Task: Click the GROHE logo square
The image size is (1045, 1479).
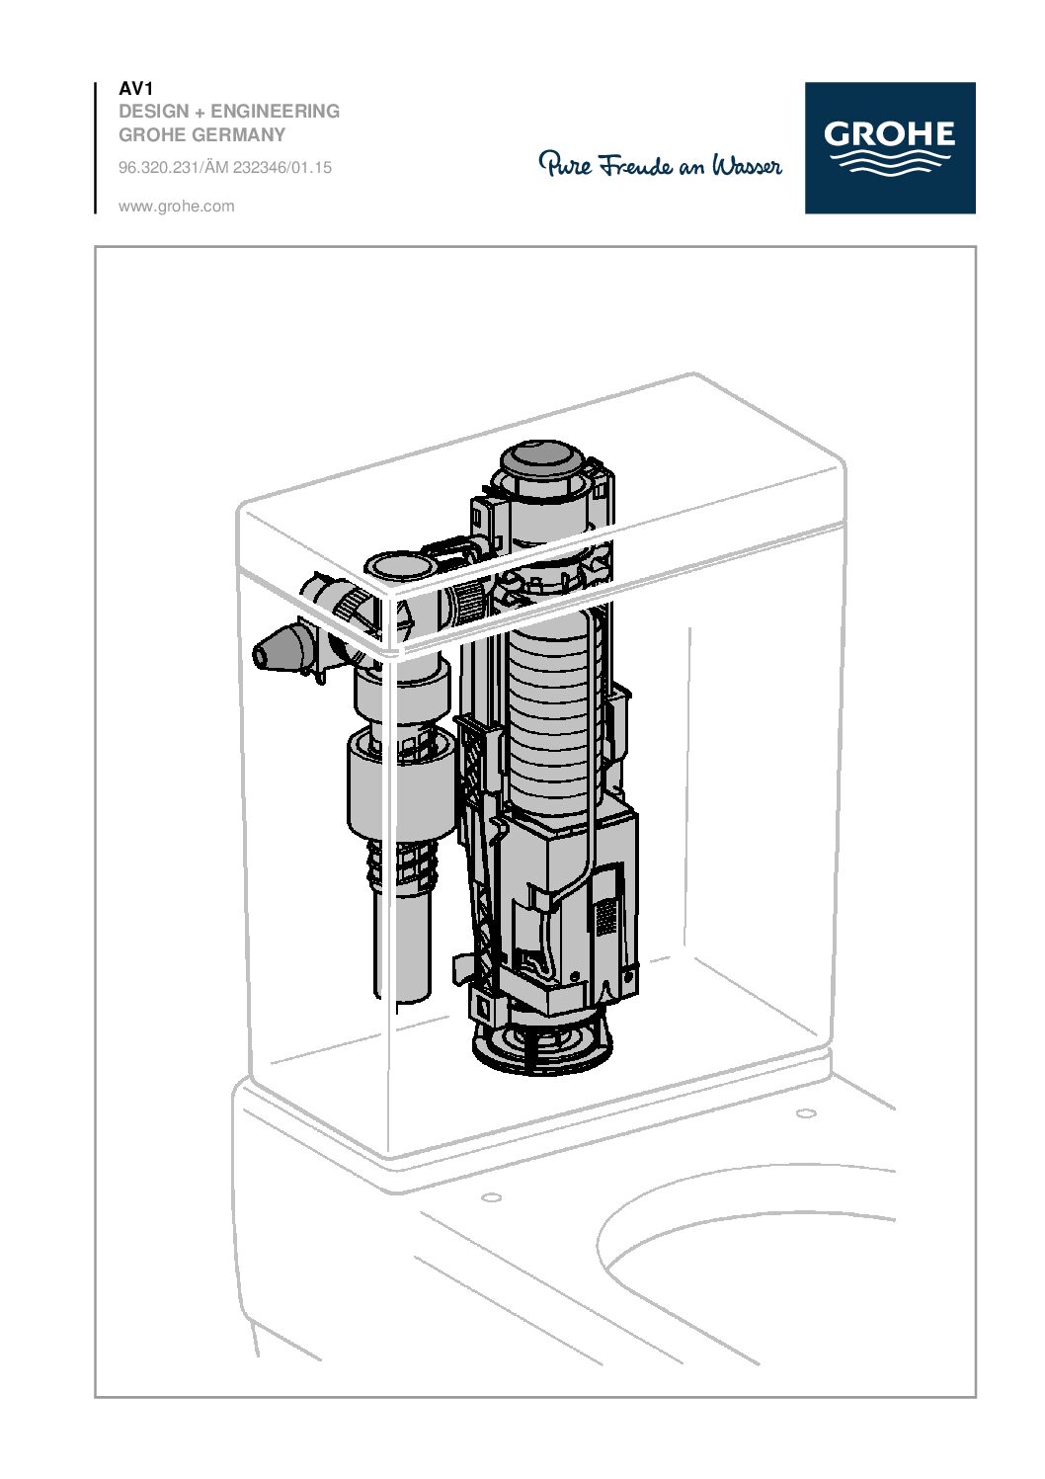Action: (889, 147)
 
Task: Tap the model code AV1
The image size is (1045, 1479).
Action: (135, 89)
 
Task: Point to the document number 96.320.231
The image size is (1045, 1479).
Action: (158, 168)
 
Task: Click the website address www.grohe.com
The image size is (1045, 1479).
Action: (176, 206)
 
